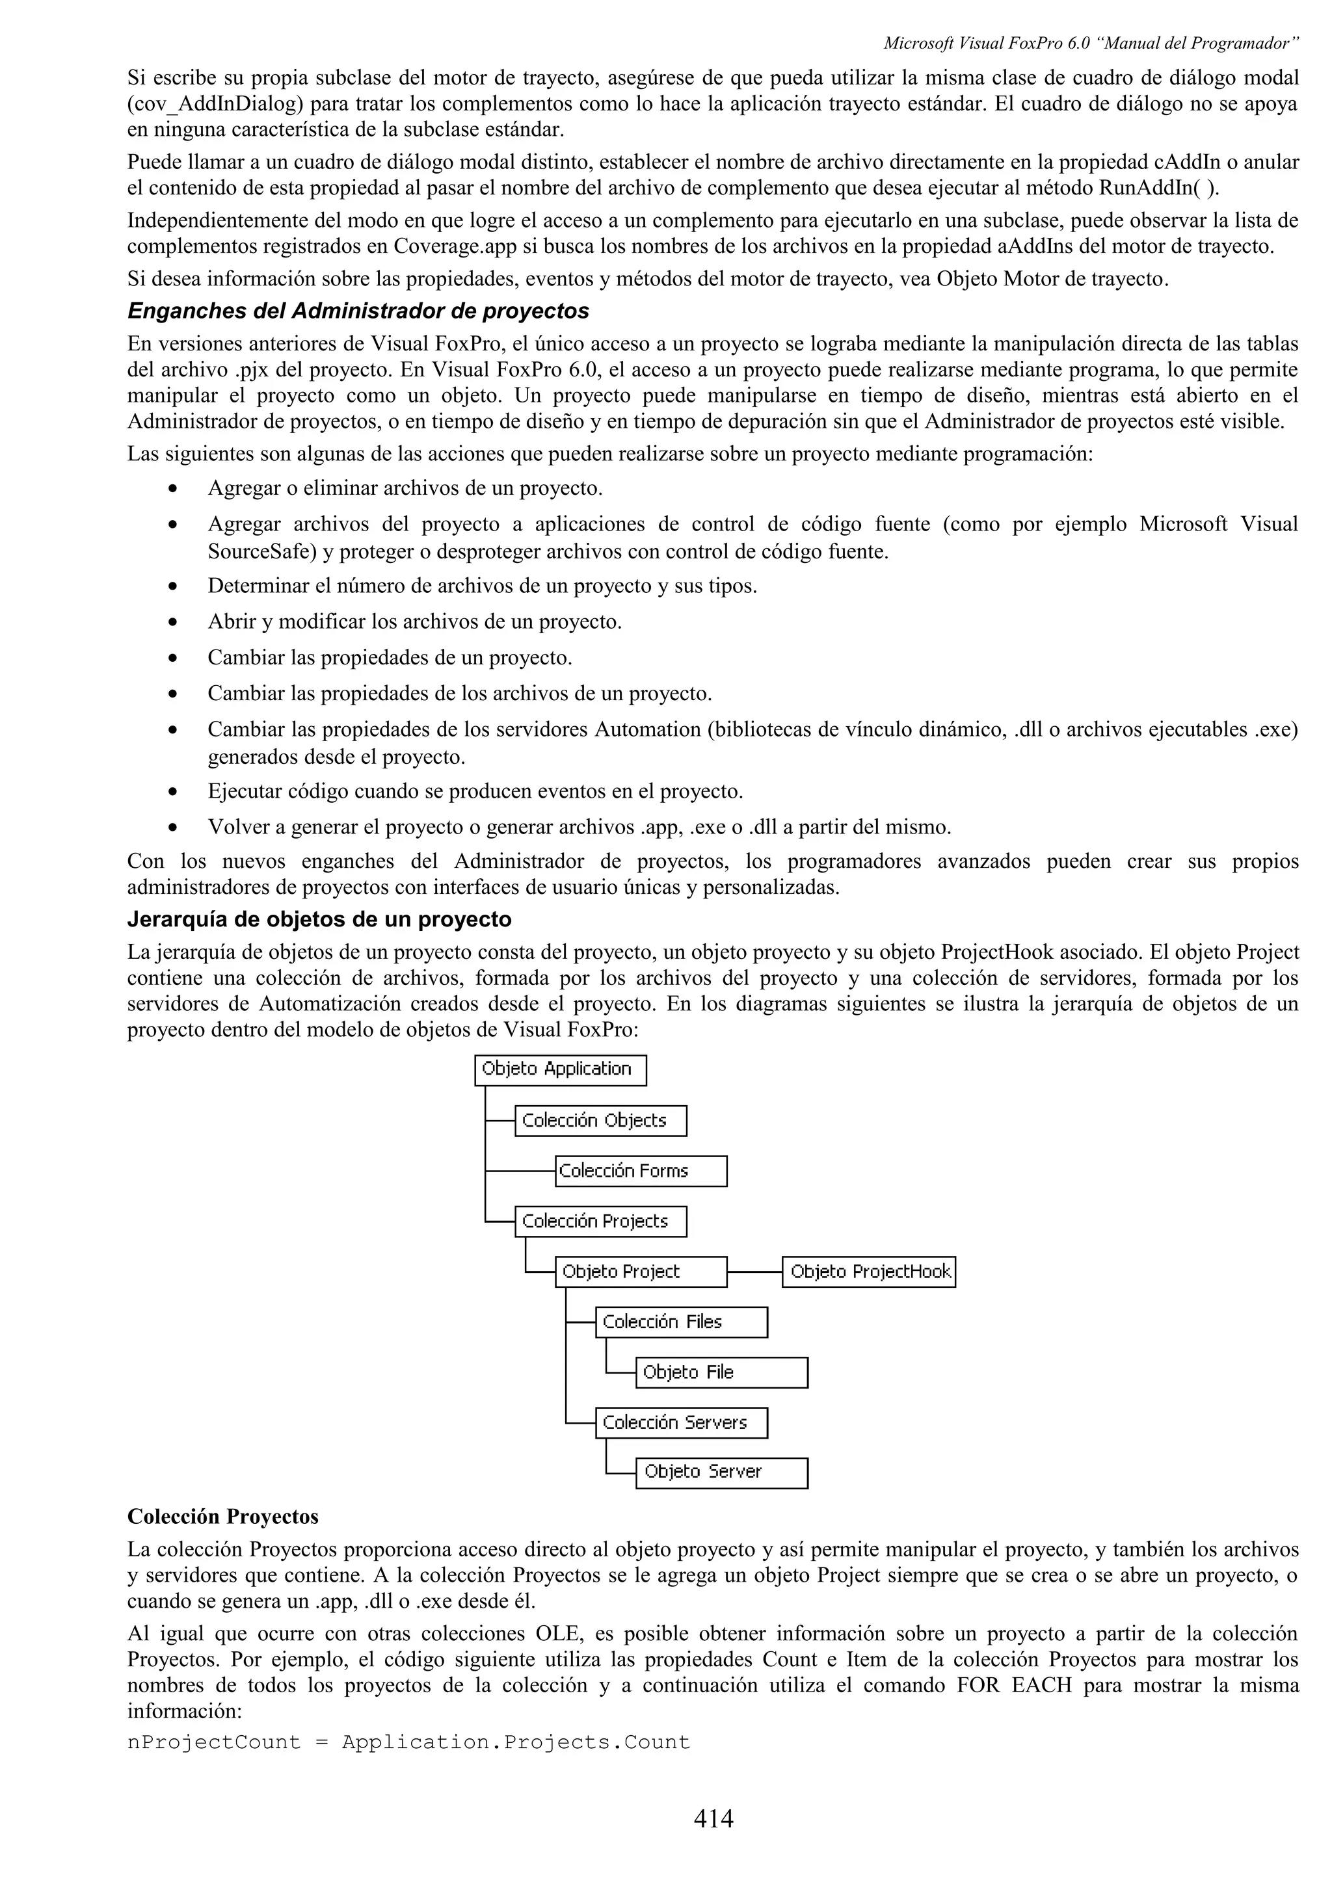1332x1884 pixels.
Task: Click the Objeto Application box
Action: pos(561,1070)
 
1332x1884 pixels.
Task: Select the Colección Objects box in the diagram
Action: pos(601,1121)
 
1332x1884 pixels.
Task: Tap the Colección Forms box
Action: pos(641,1171)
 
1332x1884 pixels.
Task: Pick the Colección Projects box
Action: pos(601,1222)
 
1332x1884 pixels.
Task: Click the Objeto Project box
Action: pos(641,1272)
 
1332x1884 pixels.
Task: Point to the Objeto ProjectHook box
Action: pos(869,1272)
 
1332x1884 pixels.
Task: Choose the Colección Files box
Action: pos(681,1322)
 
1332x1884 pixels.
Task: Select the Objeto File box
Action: pos(721,1373)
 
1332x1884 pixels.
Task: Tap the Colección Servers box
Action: pos(681,1423)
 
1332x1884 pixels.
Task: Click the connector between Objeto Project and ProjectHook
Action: pos(754,1272)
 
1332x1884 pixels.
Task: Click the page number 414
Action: pos(713,1818)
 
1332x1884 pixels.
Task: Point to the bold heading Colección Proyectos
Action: pos(222,1517)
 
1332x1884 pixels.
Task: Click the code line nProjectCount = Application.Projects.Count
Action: pos(408,1742)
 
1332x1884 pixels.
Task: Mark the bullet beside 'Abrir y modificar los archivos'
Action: pos(173,623)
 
